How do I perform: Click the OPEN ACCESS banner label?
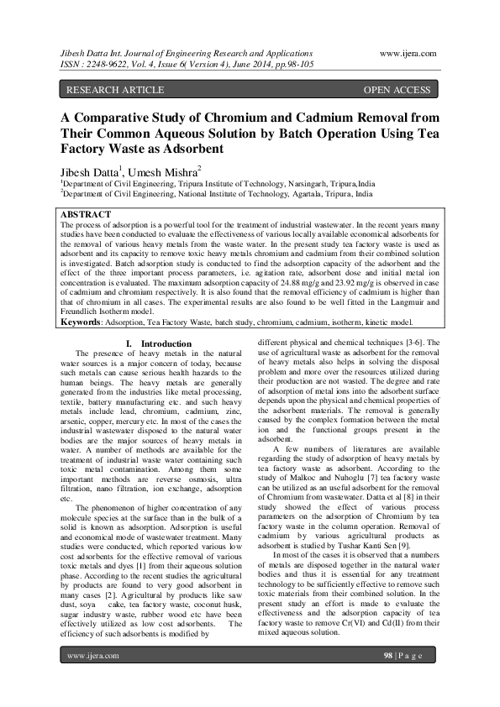tap(397, 89)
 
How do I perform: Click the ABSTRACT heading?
tap(86, 215)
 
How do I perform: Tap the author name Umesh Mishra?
tap(163, 172)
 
